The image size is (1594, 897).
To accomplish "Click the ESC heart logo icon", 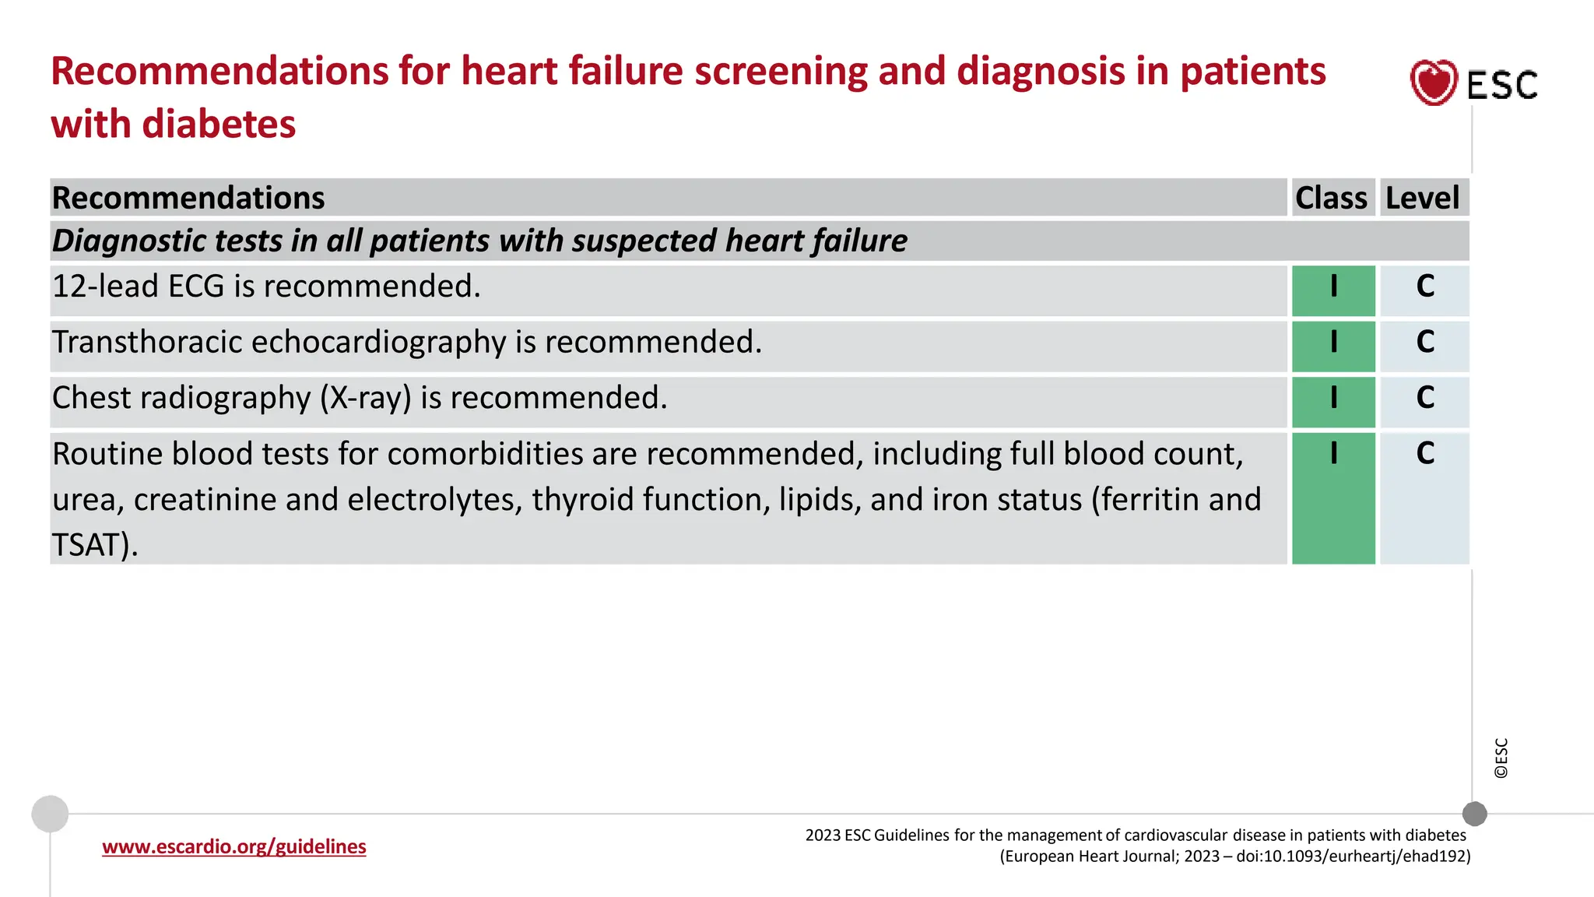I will (x=1433, y=83).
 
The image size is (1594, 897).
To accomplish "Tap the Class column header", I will (x=1331, y=198).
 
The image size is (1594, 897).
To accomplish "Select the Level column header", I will (x=1423, y=198).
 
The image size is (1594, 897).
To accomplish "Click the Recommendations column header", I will (x=188, y=198).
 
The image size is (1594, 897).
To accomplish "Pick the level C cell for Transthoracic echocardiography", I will (x=1425, y=343).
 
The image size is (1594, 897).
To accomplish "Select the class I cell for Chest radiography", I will (x=1333, y=399).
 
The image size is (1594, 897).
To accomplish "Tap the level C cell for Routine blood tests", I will (x=1425, y=455).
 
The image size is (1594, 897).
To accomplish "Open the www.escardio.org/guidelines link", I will (x=233, y=846).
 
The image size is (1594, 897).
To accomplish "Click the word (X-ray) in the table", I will (x=366, y=399).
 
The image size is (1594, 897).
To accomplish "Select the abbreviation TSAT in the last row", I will (x=86, y=545).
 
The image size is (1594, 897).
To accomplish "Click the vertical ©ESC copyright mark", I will (x=1501, y=758).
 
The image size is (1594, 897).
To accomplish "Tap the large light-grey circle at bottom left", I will (x=50, y=814).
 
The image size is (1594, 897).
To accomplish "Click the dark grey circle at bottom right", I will (x=1474, y=814).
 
